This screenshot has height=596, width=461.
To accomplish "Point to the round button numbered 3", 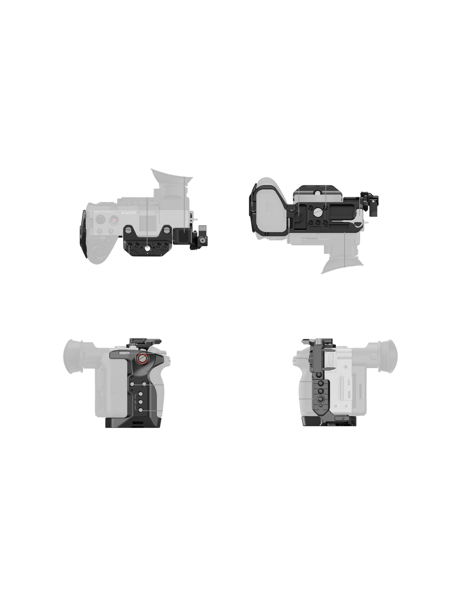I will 111,231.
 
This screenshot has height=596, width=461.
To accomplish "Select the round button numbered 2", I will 101,231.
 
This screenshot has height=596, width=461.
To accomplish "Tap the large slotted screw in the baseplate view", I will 298,216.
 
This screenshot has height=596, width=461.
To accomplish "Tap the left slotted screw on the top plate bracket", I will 128,230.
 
